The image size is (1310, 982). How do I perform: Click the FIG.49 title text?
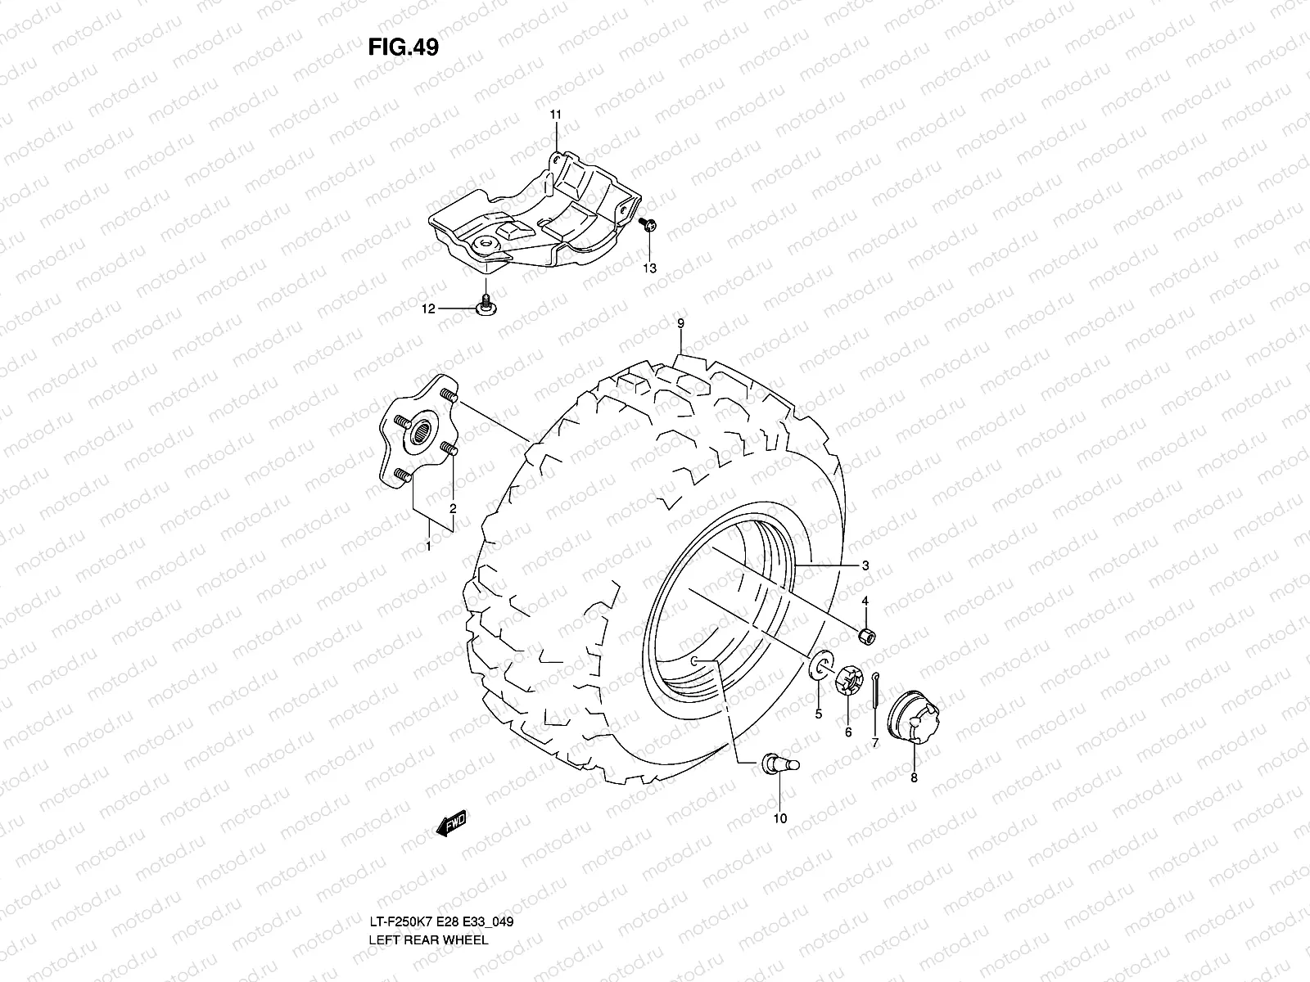click(403, 47)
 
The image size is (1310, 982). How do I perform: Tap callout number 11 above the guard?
click(555, 115)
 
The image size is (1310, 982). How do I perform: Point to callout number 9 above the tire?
click(680, 324)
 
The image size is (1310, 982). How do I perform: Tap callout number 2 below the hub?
click(452, 508)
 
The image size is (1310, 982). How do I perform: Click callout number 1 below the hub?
click(427, 544)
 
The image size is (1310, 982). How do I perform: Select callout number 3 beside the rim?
click(865, 565)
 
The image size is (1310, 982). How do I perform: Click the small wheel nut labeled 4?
click(865, 635)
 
